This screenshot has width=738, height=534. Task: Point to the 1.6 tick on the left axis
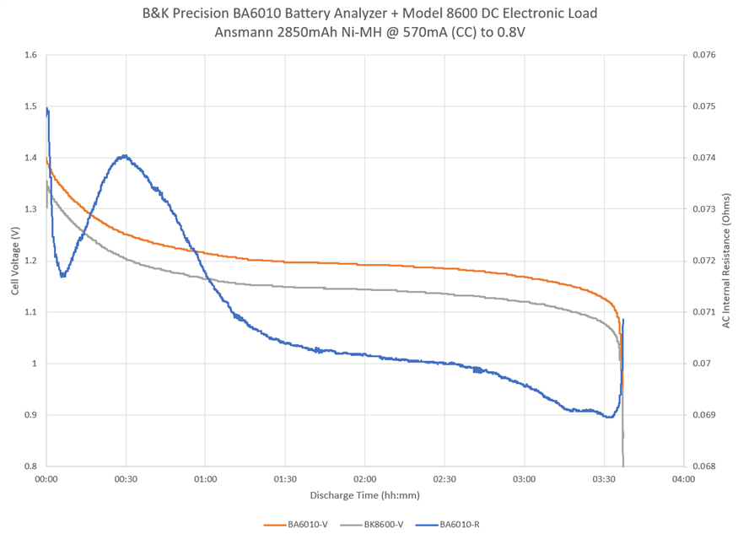point(31,56)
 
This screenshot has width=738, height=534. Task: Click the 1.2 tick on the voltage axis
point(31,261)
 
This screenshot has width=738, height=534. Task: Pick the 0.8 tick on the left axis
point(31,467)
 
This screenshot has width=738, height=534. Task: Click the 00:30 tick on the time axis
point(126,479)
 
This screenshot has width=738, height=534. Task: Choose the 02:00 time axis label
point(365,479)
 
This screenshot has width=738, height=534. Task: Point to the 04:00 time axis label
point(684,479)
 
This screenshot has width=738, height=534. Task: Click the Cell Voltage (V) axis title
point(14,262)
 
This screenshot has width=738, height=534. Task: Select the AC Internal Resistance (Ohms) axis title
point(725,261)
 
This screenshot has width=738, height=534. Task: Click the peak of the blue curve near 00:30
point(124,156)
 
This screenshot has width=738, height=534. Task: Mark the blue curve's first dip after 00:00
point(62,276)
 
